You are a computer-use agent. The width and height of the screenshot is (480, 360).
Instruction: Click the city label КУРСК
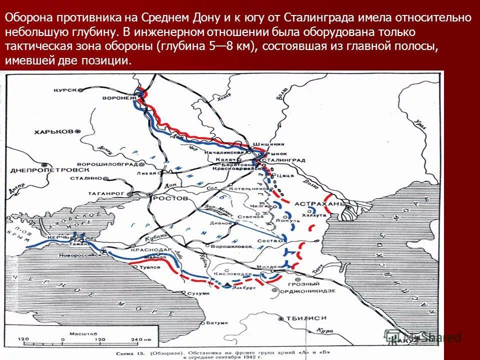65,90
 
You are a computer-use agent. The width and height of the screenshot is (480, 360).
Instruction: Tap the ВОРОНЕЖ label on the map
118,98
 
